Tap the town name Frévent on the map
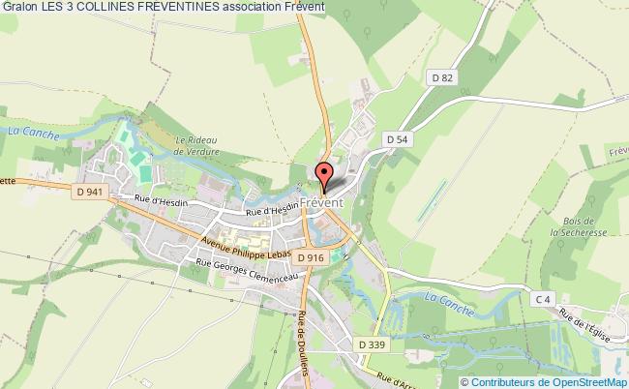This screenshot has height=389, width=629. point(323,202)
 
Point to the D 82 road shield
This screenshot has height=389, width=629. point(442,76)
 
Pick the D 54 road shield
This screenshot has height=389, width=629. point(397,139)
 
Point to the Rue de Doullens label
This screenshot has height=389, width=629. point(305,344)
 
